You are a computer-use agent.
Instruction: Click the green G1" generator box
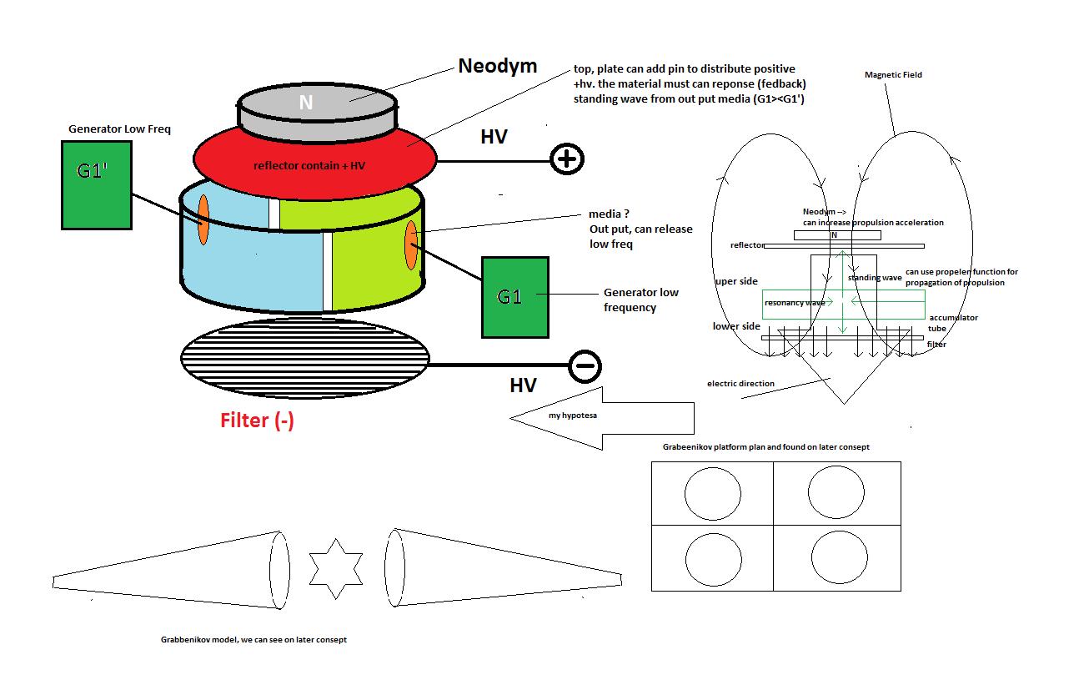pos(96,184)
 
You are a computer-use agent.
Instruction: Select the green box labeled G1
pos(514,297)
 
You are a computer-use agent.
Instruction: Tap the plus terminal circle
pos(567,159)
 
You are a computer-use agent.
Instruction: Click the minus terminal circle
pos(585,365)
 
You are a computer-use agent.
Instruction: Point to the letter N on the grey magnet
pos(306,103)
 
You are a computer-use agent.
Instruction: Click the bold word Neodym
pos(498,66)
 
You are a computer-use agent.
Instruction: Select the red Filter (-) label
pos(257,421)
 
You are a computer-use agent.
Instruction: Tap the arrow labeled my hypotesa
pos(600,415)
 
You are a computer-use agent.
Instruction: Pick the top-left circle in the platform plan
pos(713,491)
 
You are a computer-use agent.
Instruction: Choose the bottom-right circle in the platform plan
pos(839,554)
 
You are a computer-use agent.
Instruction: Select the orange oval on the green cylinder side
pos(411,245)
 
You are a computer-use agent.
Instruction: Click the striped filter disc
pos(305,358)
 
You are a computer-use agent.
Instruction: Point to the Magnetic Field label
pos(893,75)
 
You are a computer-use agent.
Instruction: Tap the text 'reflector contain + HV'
pos(309,166)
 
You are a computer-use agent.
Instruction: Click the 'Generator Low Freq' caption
pos(119,129)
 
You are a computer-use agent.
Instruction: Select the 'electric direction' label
pos(740,384)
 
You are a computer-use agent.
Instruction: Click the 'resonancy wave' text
pos(795,303)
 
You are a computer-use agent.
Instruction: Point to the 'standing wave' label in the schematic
pos(875,278)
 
